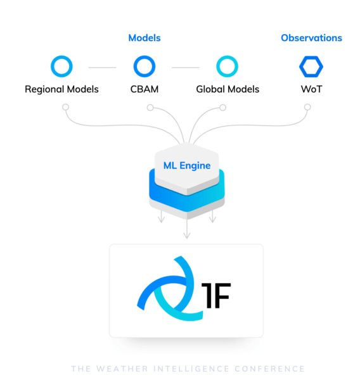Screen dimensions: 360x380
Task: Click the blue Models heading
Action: (145, 38)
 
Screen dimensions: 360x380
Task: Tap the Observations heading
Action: (311, 38)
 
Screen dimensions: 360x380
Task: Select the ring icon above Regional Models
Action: (61, 56)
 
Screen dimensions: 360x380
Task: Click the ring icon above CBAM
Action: (145, 56)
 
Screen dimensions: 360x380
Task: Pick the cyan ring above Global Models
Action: (227, 56)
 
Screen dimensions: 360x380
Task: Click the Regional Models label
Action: (61, 89)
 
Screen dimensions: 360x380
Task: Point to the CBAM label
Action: (145, 89)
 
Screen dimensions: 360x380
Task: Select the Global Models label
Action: (228, 89)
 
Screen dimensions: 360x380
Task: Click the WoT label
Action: (311, 89)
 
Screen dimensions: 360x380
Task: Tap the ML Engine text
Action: (187, 166)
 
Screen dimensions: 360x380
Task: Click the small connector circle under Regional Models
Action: (65, 104)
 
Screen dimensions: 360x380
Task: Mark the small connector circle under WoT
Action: (307, 104)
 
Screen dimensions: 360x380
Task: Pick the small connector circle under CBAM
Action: (150, 104)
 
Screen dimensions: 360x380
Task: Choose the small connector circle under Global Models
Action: (222, 104)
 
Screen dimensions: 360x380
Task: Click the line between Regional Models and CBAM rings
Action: (102, 67)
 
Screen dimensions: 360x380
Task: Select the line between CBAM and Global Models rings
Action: (185, 67)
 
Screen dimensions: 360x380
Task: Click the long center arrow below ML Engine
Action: (187, 229)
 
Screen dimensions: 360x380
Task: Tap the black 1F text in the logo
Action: (216, 296)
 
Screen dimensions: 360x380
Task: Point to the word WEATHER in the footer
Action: (122, 369)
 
